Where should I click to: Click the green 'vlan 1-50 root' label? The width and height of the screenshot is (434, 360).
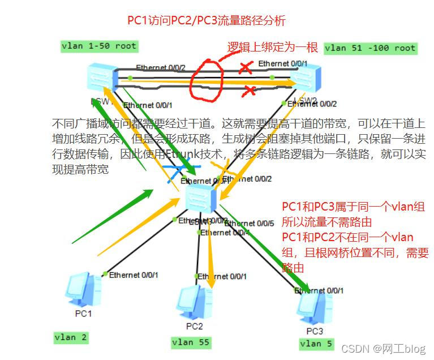pos(100,46)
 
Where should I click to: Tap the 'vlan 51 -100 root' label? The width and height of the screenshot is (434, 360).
pos(371,48)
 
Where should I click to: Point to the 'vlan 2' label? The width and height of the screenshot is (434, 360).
pos(71,337)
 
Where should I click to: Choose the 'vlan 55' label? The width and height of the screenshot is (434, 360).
pos(191,342)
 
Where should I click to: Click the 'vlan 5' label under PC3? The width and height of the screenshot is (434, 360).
pos(311,344)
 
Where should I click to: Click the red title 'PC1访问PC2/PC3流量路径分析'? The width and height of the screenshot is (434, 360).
pos(206,21)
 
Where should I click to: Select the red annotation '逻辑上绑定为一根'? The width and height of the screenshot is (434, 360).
pos(273,46)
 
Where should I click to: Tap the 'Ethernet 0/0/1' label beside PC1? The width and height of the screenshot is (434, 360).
pos(134,275)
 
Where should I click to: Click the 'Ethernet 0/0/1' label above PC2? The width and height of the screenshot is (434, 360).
pos(222,276)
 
